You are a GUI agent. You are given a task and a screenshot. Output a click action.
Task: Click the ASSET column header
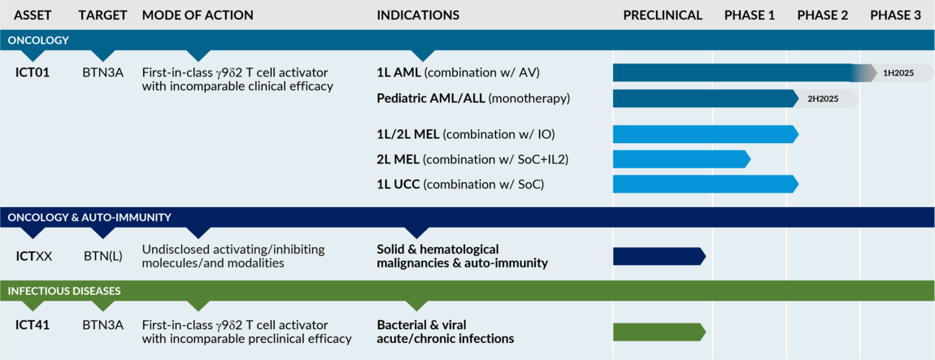[x=33, y=15]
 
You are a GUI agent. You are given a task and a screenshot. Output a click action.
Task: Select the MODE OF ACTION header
[x=198, y=15]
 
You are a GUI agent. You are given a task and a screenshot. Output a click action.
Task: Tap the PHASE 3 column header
[x=895, y=15]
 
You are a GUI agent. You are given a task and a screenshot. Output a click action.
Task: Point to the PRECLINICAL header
[x=663, y=15]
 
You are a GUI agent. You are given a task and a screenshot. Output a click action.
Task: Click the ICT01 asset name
[x=33, y=72]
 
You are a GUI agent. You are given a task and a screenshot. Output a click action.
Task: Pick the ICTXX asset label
[x=34, y=256]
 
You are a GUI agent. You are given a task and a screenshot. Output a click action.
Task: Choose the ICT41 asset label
[x=33, y=325]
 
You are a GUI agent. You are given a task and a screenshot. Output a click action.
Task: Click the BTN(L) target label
[x=103, y=256]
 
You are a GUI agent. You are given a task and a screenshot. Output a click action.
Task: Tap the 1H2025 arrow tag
[x=898, y=73]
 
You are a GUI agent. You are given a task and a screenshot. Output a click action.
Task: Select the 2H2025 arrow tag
[x=824, y=98]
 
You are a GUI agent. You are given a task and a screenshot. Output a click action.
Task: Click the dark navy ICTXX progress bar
[x=659, y=256]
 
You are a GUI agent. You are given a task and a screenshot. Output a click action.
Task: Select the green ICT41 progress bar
[x=659, y=332]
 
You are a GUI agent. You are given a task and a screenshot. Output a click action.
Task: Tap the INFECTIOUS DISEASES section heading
[x=64, y=290]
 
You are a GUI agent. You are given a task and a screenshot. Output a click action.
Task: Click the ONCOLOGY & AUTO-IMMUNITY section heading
[x=89, y=217]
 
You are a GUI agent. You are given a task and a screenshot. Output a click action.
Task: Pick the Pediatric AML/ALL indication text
[x=473, y=98]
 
